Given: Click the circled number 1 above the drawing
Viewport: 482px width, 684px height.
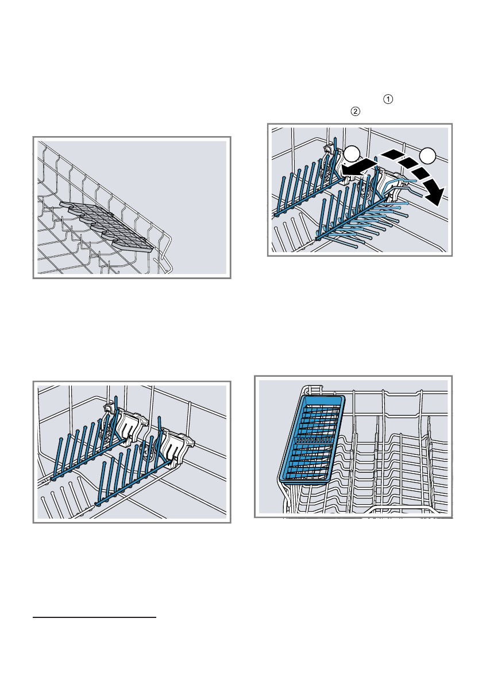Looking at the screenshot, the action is click(388, 99).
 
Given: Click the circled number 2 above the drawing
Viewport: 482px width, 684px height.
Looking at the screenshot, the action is click(356, 111).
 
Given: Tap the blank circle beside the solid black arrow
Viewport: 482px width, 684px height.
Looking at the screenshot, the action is click(352, 155).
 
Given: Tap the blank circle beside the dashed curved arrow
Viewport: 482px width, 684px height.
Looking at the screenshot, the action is click(427, 155).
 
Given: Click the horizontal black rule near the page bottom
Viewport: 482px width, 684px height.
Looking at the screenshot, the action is click(95, 617).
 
